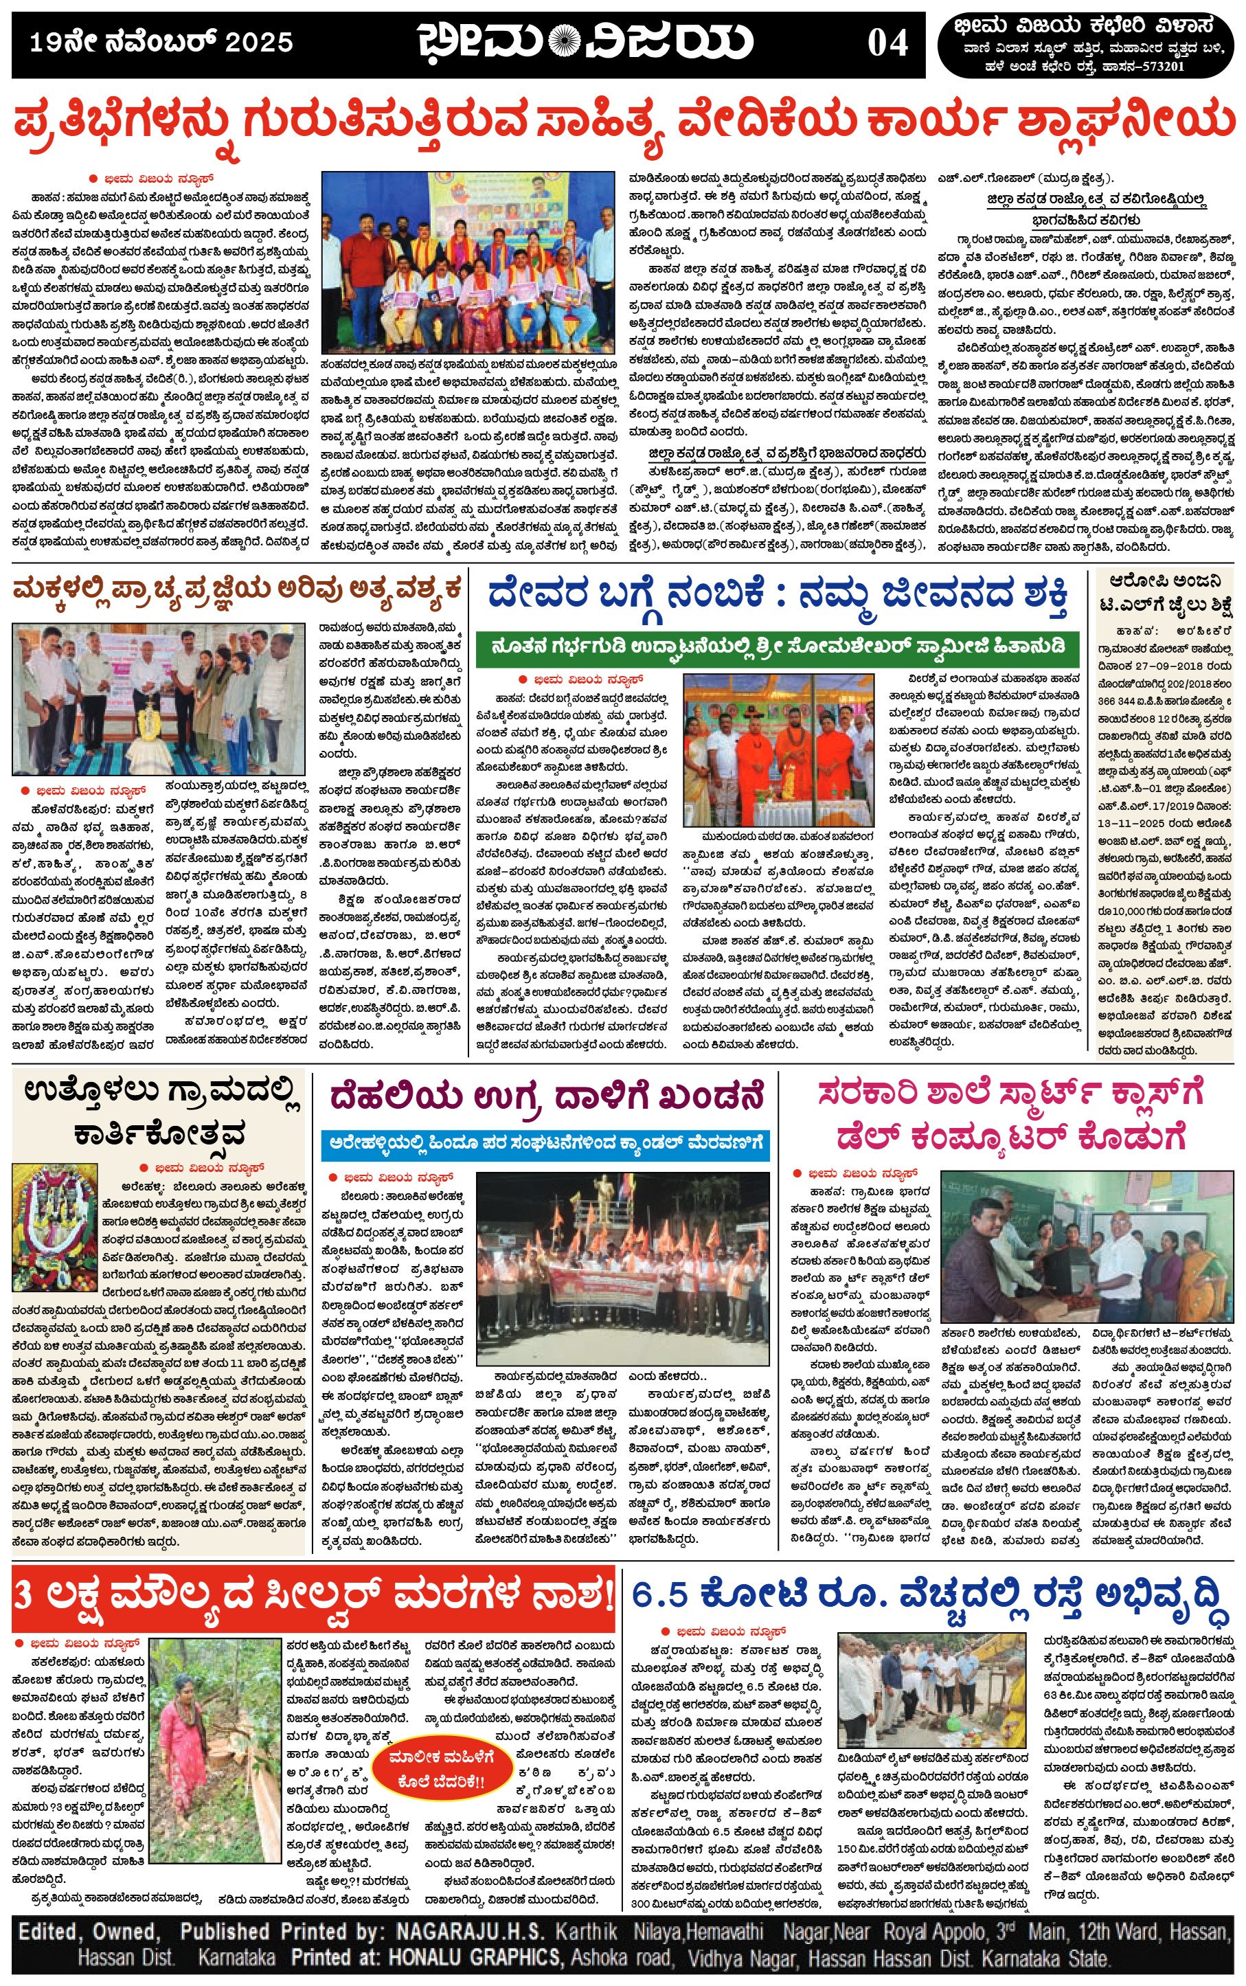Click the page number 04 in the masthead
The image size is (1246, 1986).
click(x=887, y=43)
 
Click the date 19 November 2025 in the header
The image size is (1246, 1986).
click(x=161, y=43)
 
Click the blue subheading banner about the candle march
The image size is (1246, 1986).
click(x=545, y=1144)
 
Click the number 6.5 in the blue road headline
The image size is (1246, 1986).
click(x=659, y=1594)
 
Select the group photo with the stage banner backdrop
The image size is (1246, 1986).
click(x=467, y=261)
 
